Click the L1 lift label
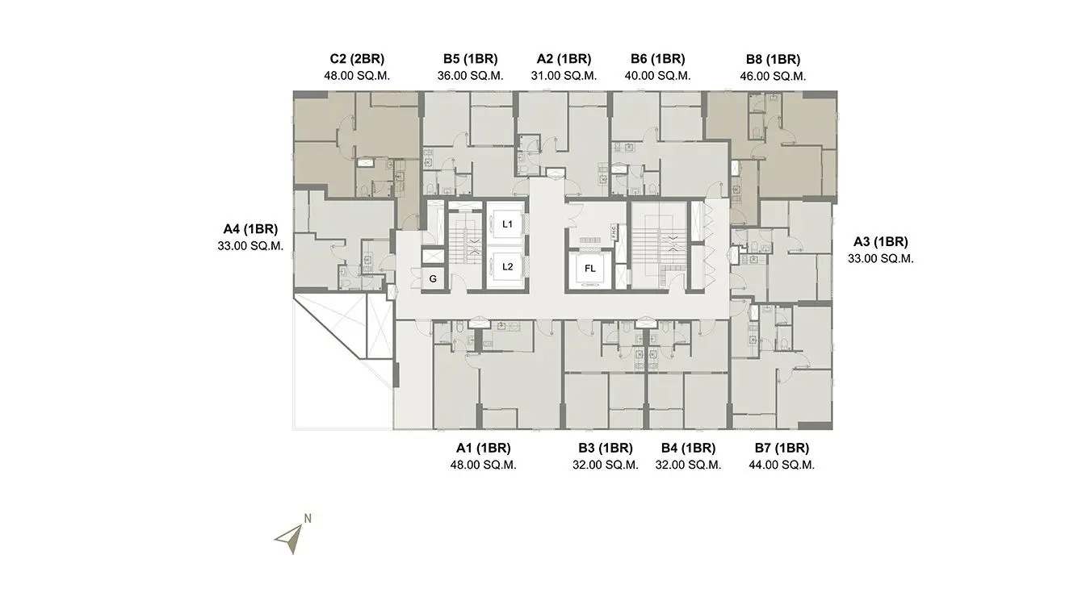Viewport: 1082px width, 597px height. tap(507, 224)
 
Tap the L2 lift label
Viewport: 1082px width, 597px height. tap(507, 266)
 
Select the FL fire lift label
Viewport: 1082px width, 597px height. tap(589, 269)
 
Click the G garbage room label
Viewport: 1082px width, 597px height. tap(433, 279)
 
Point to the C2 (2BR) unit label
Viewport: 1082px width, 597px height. tap(357, 59)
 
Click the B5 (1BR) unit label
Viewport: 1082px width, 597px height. tap(471, 59)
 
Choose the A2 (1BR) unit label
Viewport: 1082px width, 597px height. tap(564, 59)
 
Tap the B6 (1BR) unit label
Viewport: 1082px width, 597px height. tap(657, 59)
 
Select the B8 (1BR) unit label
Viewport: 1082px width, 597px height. tap(773, 60)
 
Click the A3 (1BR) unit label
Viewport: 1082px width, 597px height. tap(881, 242)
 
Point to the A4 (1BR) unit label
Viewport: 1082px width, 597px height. tap(250, 229)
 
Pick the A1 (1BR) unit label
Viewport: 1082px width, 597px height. tap(483, 449)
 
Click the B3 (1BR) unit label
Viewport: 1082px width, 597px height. tap(606, 449)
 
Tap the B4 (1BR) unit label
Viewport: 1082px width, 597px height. tap(688, 449)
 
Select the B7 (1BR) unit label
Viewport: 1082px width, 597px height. tap(782, 449)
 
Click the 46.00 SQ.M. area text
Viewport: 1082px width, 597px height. tap(773, 77)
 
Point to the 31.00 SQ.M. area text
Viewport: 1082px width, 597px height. tap(564, 76)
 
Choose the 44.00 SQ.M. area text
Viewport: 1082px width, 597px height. tap(782, 465)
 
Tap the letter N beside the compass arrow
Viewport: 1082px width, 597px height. tap(308, 518)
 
